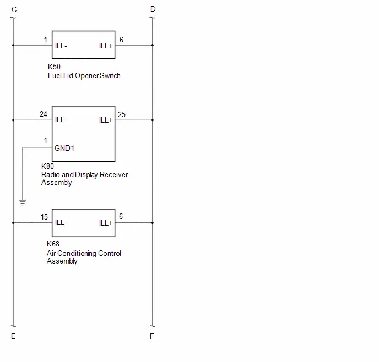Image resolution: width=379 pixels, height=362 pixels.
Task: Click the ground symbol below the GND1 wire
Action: [x=23, y=202]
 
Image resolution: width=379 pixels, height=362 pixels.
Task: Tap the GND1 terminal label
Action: [x=64, y=148]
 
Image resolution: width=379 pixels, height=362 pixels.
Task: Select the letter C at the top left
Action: [x=14, y=10]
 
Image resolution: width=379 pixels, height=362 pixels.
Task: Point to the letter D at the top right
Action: [x=153, y=9]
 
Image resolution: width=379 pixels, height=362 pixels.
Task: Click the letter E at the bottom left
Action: [x=13, y=336]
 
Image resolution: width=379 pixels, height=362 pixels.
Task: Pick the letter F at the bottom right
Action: [x=152, y=336]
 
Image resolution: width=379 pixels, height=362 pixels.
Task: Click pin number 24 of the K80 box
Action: [x=44, y=114]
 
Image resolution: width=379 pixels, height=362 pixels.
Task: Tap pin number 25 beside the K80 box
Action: [x=122, y=114]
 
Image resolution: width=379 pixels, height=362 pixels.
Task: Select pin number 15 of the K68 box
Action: [x=44, y=217]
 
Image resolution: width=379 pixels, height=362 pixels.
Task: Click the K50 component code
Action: [x=54, y=67]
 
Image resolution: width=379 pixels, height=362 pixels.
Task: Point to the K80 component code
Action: [x=47, y=166]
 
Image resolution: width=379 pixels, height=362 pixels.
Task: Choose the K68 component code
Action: [x=53, y=244]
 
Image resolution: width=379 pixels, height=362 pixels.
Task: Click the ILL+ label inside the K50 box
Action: [x=106, y=46]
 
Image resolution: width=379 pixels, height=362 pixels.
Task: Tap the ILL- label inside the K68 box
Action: [x=61, y=222]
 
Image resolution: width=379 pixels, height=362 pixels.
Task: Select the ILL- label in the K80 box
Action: [x=61, y=119]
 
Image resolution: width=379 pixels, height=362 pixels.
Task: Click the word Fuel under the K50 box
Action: [x=55, y=75]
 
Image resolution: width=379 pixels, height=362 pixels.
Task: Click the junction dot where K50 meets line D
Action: [x=153, y=45]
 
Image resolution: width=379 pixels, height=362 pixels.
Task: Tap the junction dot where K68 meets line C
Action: [x=13, y=223]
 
